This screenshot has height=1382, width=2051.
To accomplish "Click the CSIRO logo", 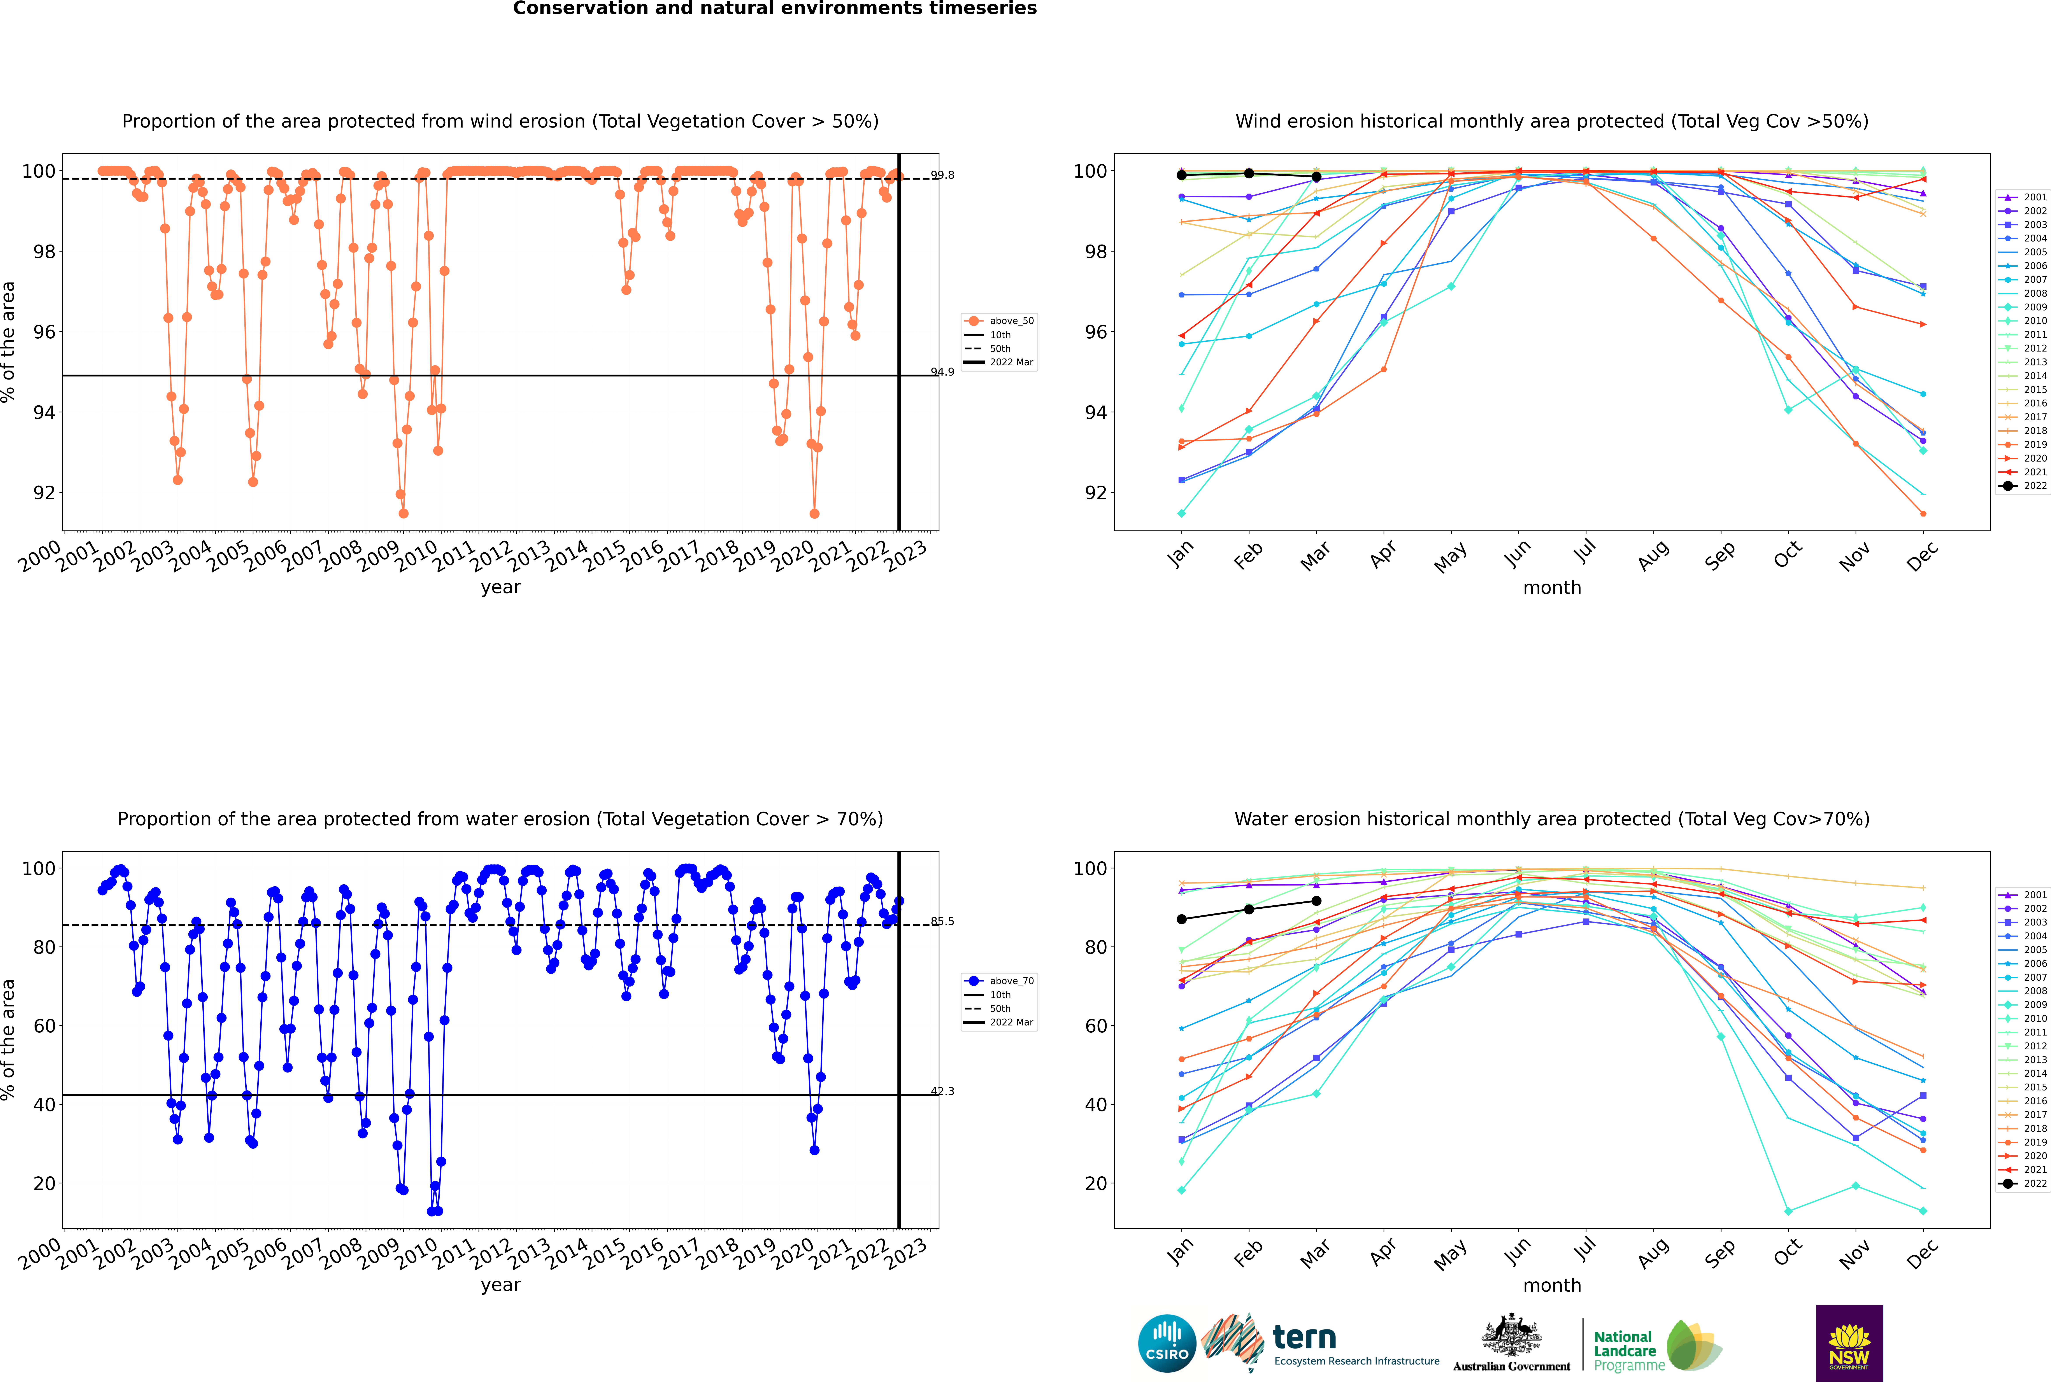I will pos(1167,1343).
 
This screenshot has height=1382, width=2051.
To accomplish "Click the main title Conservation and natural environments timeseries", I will pos(774,9).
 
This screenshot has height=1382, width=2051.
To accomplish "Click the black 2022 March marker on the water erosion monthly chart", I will pos(1316,901).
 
